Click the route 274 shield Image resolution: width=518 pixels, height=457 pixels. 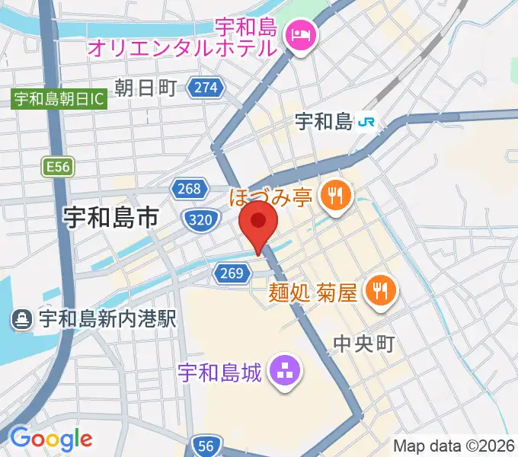[206, 88]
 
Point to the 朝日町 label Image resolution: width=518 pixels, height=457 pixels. [145, 88]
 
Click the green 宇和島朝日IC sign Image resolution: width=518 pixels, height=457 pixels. [59, 98]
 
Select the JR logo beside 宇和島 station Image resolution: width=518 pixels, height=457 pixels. [368, 120]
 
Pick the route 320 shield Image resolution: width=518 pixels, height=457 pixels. [197, 220]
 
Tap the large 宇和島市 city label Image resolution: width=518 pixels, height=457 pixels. [111, 219]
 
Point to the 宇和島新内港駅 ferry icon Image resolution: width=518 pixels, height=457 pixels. [22, 319]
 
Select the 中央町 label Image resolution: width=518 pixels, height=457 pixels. [364, 344]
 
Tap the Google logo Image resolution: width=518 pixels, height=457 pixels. [52, 439]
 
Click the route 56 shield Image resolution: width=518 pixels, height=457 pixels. [207, 446]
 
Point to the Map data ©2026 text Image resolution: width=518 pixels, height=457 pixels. [454, 446]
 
